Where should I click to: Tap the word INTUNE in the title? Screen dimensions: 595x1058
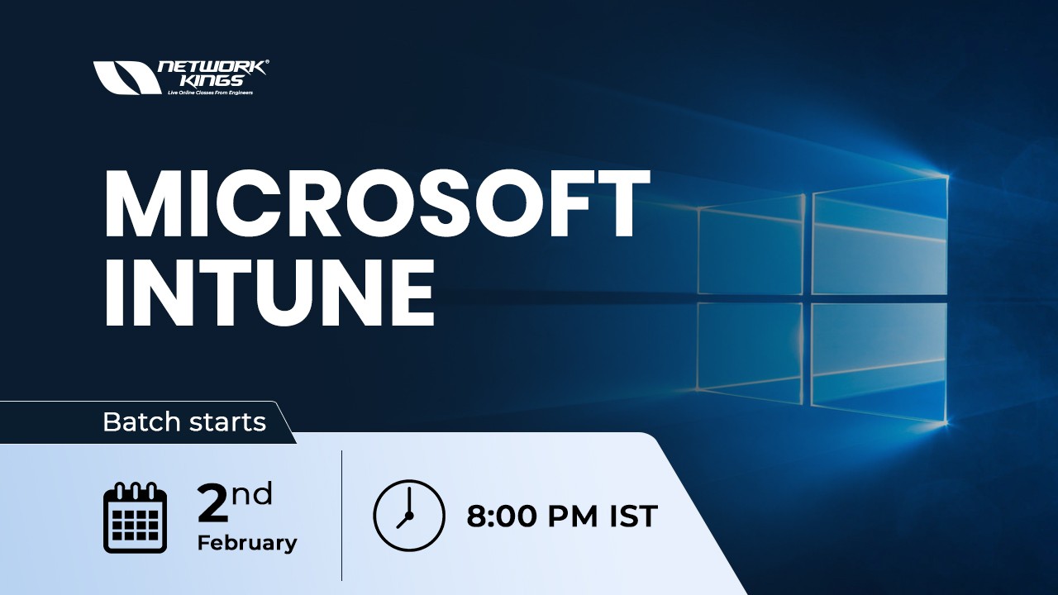(269, 294)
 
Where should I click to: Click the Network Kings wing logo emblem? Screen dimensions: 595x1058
(126, 78)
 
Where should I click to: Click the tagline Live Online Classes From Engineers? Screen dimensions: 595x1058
(210, 93)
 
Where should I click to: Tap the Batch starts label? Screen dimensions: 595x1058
(183, 422)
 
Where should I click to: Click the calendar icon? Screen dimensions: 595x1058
(135, 517)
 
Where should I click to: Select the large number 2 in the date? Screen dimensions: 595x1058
(212, 505)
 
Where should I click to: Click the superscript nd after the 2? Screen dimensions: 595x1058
(251, 493)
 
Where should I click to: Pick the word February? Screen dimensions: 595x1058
(246, 543)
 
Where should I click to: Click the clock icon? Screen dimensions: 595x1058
(408, 516)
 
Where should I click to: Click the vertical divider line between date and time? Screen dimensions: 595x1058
(341, 516)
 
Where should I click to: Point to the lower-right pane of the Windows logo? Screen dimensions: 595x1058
(879, 364)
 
